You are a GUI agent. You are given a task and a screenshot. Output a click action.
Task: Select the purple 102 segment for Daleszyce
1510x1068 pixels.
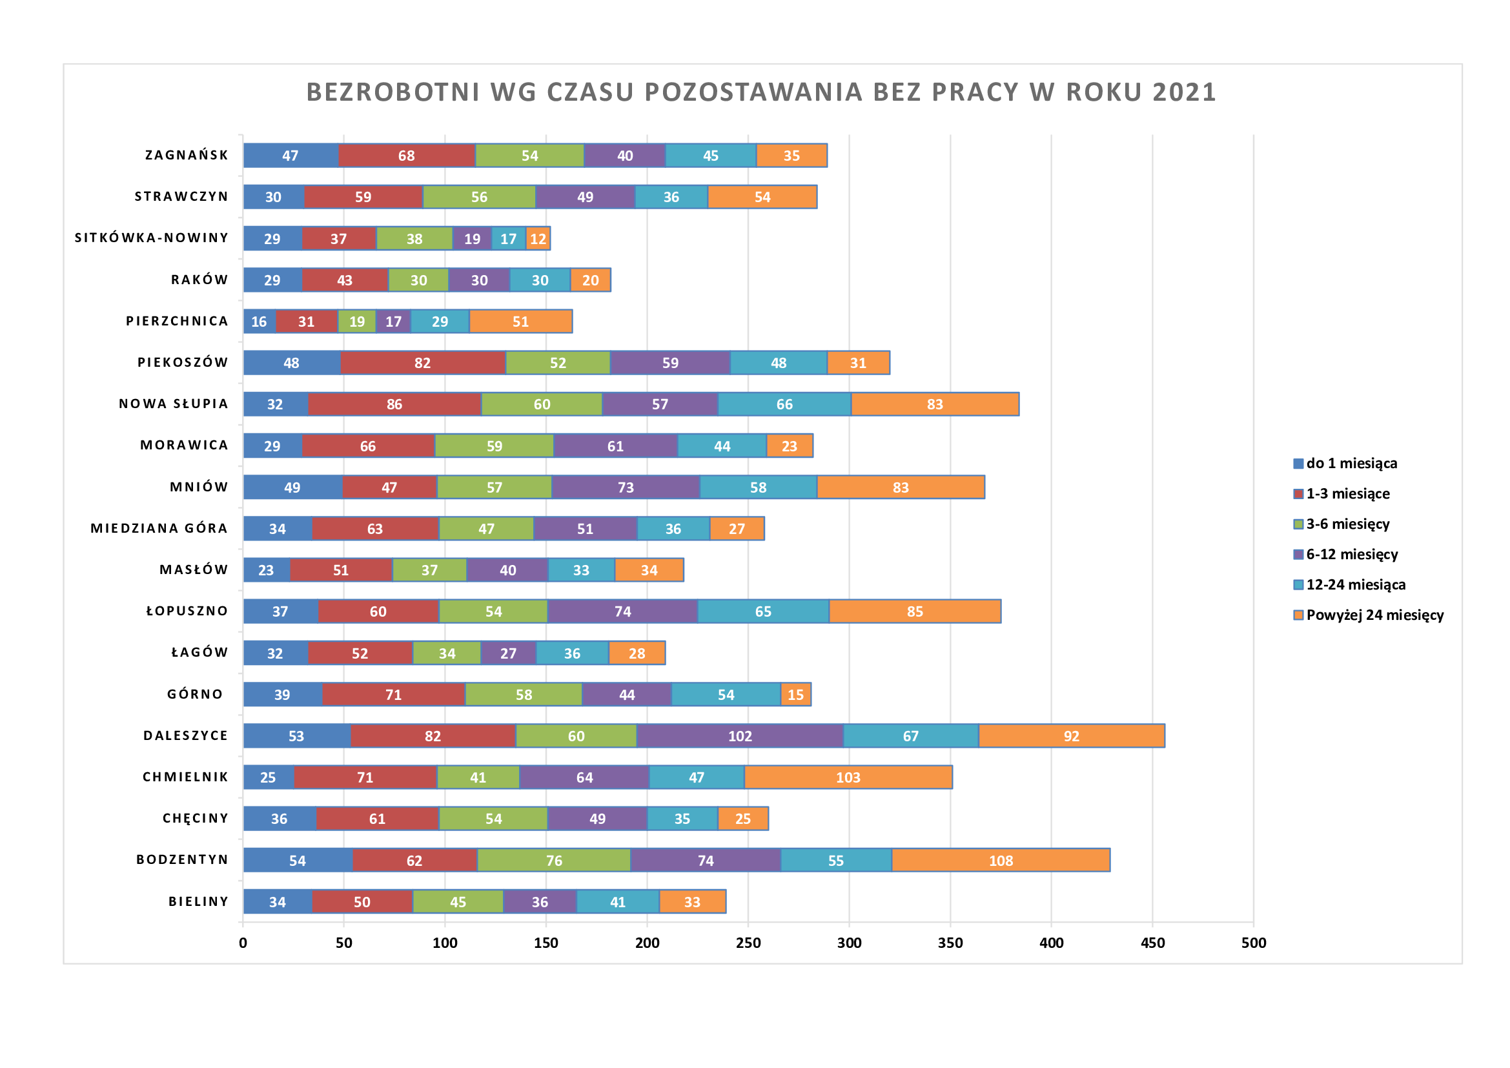coord(740,736)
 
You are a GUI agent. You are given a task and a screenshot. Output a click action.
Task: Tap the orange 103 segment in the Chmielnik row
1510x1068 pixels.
coord(848,777)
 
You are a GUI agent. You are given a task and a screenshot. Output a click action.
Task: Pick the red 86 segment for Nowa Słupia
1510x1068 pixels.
coord(394,404)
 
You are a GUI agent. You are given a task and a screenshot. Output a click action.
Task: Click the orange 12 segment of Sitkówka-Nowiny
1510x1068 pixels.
coord(538,239)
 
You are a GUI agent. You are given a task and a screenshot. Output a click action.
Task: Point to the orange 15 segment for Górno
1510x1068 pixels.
coord(796,695)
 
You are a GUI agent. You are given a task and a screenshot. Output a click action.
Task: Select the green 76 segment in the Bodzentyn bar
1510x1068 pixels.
coord(554,860)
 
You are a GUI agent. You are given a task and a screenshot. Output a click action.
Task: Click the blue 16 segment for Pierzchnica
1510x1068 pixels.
coord(259,322)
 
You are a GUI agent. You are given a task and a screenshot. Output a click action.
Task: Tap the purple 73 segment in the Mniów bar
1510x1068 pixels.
coord(626,488)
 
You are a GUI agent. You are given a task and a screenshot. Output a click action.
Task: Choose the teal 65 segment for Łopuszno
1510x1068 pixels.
coord(763,611)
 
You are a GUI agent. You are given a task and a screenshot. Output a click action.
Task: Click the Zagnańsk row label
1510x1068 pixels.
coord(187,155)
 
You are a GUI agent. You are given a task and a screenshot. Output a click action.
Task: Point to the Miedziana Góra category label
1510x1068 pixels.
coord(159,528)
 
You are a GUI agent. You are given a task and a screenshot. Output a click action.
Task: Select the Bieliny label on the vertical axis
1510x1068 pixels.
coord(199,901)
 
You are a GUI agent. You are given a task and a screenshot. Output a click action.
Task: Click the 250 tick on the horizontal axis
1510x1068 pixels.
coord(748,943)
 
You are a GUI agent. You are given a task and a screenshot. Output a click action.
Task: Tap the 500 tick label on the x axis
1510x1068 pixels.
coord(1254,943)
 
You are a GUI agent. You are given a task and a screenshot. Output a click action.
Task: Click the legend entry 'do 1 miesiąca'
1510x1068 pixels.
coord(1351,464)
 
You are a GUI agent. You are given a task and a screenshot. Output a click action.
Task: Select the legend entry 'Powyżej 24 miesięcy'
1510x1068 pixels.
coord(1374,615)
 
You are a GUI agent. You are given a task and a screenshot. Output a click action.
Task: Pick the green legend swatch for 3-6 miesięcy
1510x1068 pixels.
coord(1298,524)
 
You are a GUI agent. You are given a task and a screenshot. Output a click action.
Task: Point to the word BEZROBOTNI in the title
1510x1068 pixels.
coord(393,92)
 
